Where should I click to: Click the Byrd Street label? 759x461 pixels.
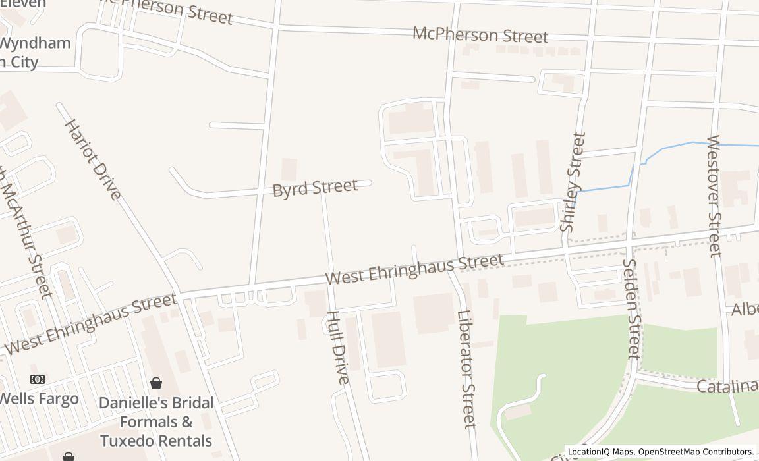click(315, 188)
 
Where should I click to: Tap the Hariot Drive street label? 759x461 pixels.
click(93, 159)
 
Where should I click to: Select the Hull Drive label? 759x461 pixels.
click(337, 347)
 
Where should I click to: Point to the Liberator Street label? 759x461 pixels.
click(466, 369)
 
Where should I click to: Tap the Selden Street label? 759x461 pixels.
click(631, 309)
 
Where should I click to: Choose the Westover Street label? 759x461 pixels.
click(714, 196)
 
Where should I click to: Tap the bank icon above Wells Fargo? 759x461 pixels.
click(38, 379)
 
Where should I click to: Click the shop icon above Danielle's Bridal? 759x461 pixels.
click(156, 383)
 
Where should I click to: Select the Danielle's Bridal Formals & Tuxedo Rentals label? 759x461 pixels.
click(156, 421)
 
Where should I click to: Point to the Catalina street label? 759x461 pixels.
click(727, 386)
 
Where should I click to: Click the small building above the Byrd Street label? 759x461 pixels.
click(289, 169)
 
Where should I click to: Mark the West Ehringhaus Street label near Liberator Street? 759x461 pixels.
click(414, 269)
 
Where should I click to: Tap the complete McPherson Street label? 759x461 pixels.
click(480, 35)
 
